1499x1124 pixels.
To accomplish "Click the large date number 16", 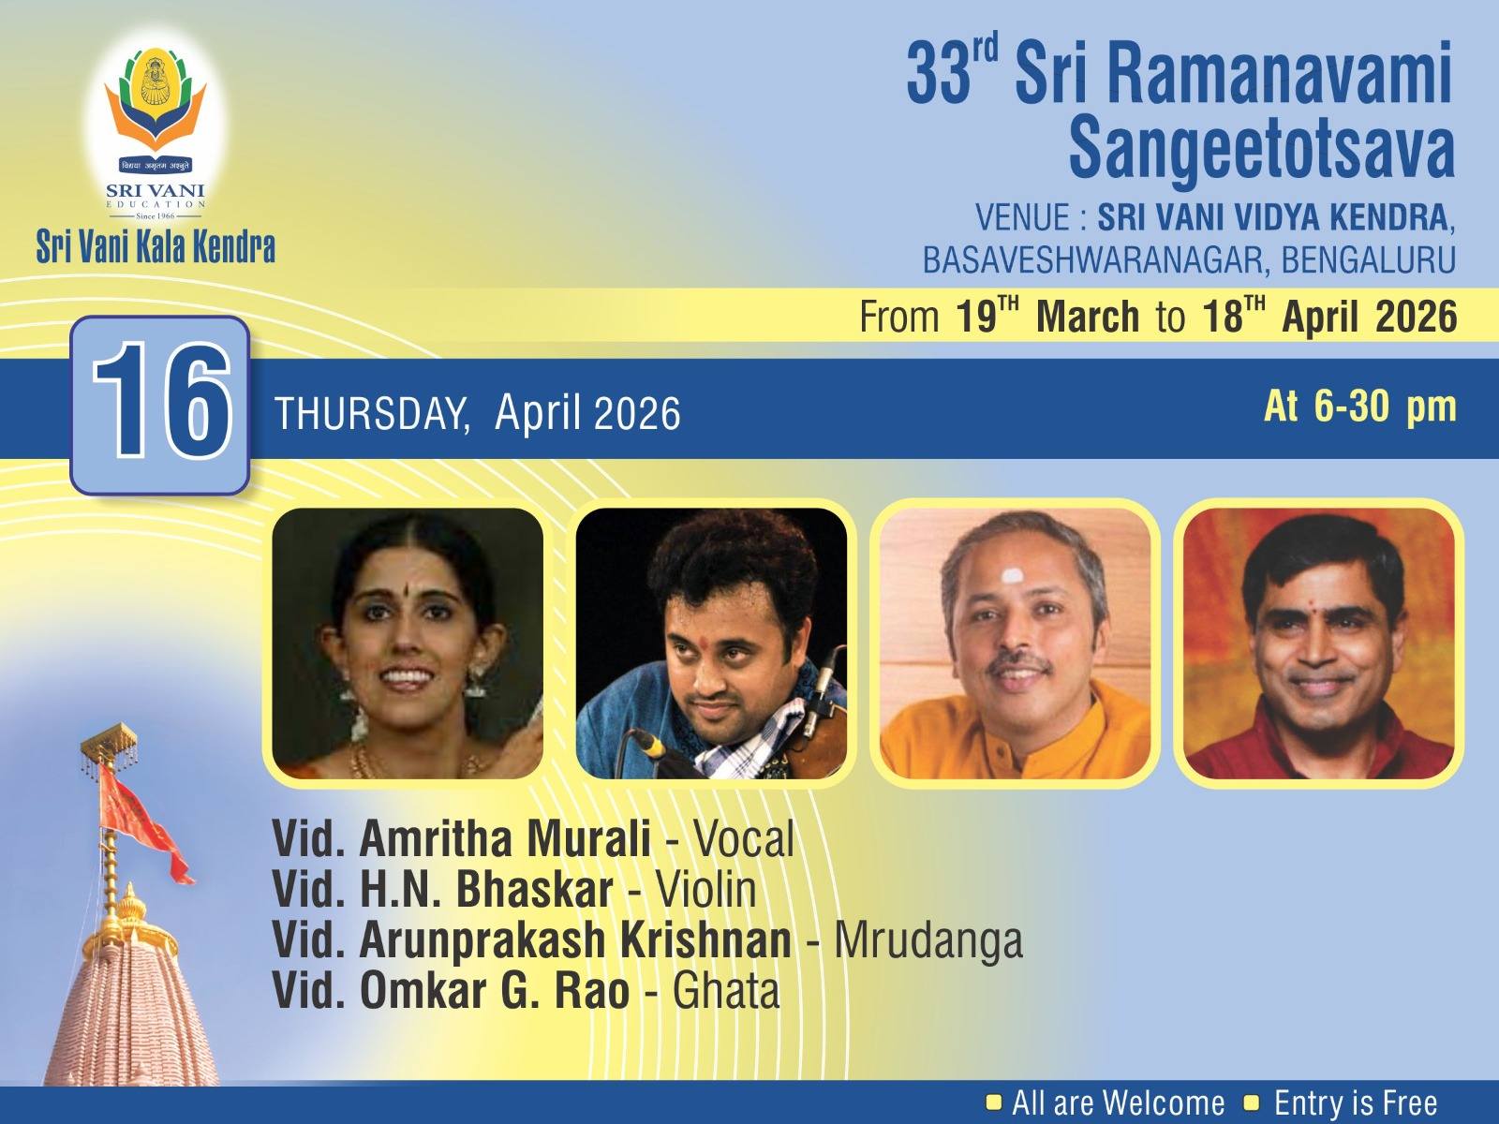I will [161, 404].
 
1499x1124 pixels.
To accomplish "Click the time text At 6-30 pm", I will [1359, 407].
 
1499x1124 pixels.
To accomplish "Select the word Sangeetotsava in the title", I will [1261, 148].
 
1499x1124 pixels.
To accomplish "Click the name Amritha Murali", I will [505, 839].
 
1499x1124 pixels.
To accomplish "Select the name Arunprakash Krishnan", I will [575, 940].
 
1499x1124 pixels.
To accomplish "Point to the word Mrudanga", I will [928, 940].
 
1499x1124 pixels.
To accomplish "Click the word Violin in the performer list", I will [705, 890].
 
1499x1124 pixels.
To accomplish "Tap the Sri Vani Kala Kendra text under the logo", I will [156, 247].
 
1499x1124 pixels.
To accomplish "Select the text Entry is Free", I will [1355, 1103].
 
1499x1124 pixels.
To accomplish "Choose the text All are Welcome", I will [1118, 1103].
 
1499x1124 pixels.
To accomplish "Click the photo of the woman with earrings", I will [408, 644].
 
